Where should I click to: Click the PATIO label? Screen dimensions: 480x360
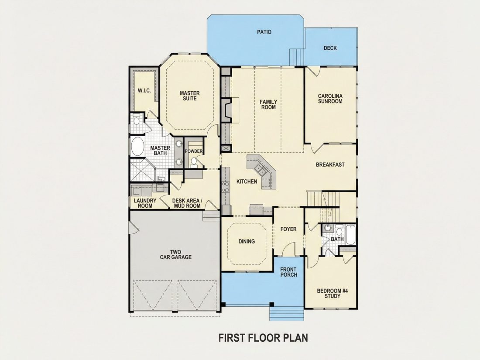pos(264,32)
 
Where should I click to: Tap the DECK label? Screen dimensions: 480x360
pos(330,48)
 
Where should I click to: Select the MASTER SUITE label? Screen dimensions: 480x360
pos(190,96)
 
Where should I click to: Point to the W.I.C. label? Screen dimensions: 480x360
pos(144,91)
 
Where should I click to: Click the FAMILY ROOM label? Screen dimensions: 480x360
pos(268,104)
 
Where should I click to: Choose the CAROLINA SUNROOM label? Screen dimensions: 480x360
pos(330,99)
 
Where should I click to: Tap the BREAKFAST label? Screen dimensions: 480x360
pos(330,165)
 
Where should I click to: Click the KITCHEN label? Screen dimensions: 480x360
pos(247,182)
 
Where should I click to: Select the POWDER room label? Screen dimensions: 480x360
pos(193,151)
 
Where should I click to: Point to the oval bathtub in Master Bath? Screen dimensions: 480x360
pos(138,146)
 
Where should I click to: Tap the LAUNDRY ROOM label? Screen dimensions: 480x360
pos(145,203)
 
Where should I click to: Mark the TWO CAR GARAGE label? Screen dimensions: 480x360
pos(176,255)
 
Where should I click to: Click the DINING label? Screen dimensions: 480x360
pos(247,242)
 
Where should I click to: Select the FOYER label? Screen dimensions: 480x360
pos(288,229)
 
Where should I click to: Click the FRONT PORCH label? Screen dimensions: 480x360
pos(288,272)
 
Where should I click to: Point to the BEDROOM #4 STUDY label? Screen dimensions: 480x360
pos(333,294)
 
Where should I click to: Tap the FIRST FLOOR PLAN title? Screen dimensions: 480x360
pos(263,338)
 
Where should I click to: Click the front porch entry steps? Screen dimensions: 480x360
pos(287,313)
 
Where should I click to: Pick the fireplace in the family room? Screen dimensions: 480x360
pos(228,110)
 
